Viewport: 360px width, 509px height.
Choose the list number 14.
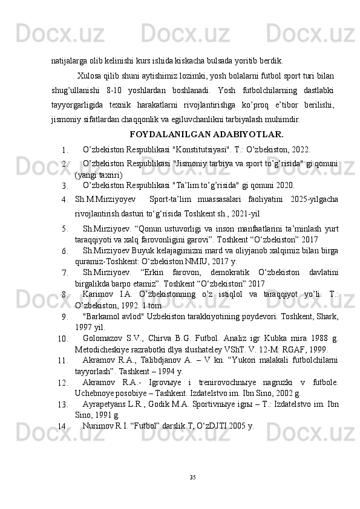point(62,426)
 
